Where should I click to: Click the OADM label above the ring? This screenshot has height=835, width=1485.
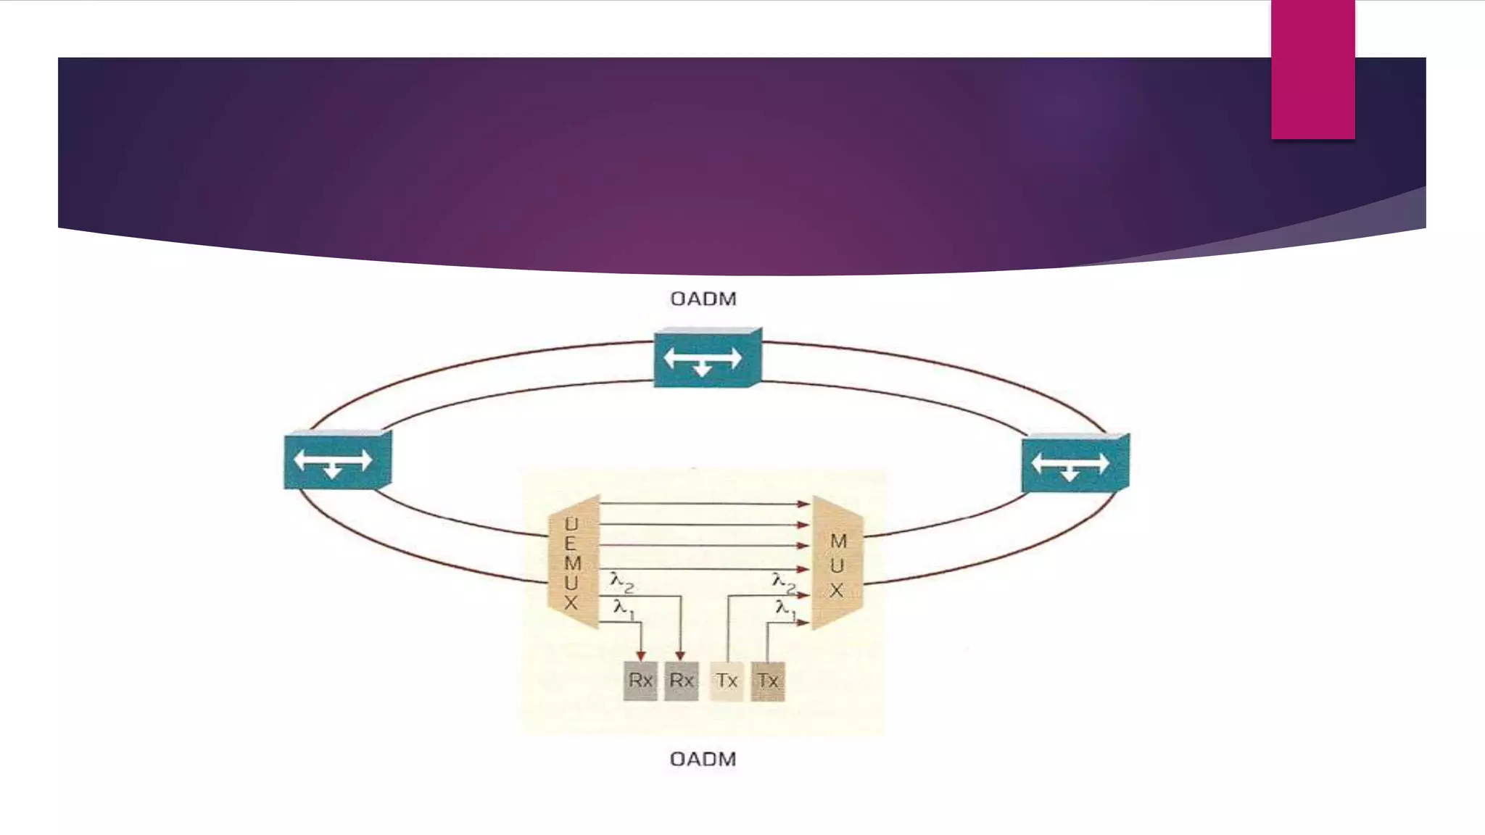pos(703,299)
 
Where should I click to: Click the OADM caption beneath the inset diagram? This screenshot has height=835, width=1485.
pos(703,759)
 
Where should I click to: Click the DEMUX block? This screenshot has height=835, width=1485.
pos(574,562)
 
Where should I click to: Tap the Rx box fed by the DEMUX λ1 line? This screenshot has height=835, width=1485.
pos(640,681)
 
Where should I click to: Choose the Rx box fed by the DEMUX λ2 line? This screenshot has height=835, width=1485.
pos(681,681)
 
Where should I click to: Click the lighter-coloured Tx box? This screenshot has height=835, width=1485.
pos(727,681)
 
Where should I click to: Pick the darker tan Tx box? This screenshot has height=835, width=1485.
pos(768,681)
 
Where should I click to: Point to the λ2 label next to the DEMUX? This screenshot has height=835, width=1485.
pos(622,581)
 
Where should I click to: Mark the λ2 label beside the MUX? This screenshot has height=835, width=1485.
pos(784,581)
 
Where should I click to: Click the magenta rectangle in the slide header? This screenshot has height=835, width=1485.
pos(1312,69)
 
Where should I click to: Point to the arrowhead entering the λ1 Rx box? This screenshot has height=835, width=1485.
pos(640,656)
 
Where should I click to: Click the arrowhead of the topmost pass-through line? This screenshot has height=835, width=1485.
pos(803,503)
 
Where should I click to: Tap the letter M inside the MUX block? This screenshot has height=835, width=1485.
pos(838,541)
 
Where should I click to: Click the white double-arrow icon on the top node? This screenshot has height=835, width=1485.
pos(703,359)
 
